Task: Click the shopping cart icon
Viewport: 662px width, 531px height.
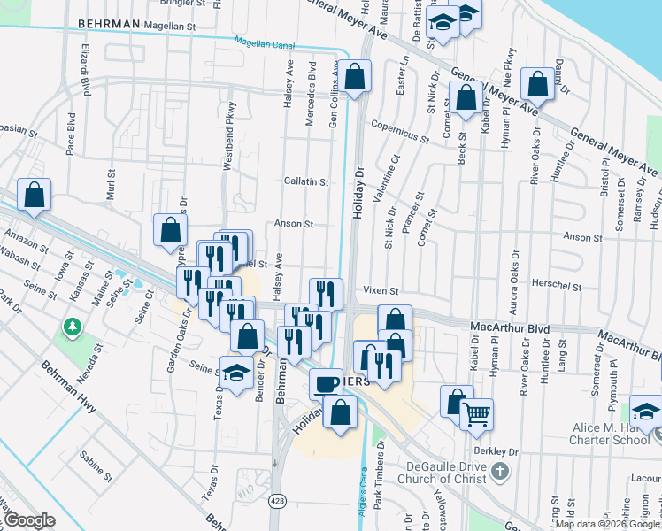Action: (x=476, y=412)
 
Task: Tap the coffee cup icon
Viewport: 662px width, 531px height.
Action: (x=327, y=383)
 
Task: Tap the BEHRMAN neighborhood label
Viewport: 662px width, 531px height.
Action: (x=110, y=24)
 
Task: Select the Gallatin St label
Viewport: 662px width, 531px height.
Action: (x=306, y=181)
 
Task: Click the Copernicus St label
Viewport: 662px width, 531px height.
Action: (x=400, y=125)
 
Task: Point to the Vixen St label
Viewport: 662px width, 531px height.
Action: (x=381, y=290)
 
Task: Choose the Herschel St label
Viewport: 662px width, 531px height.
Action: (x=556, y=287)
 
